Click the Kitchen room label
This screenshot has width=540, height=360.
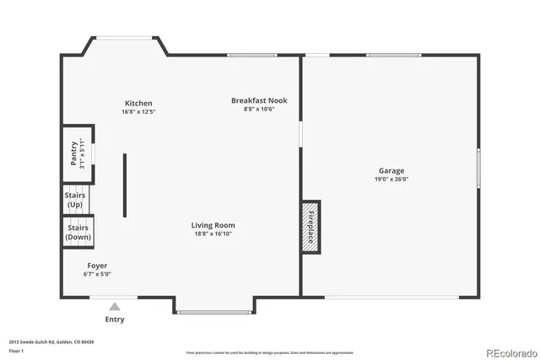[138, 103]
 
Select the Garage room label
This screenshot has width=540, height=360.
[391, 170]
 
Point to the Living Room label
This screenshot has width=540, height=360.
[213, 225]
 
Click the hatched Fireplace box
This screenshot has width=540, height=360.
[310, 226]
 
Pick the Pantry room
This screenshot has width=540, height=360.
[77, 153]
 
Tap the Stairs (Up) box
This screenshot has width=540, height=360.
[75, 200]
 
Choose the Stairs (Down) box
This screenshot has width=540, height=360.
[77, 232]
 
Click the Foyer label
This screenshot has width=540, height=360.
[97, 266]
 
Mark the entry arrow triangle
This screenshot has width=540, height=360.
[115, 307]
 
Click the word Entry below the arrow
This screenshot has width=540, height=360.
[115, 320]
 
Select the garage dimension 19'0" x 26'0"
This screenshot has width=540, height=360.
[391, 179]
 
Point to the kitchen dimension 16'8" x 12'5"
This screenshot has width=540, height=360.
[138, 111]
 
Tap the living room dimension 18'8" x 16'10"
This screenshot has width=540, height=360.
[213, 234]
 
